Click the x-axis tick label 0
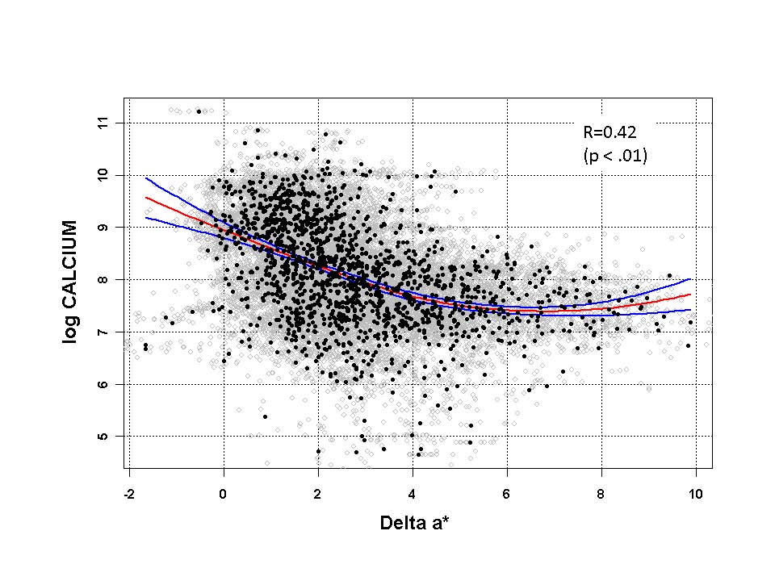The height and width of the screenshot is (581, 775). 224,494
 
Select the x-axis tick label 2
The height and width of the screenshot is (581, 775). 318,494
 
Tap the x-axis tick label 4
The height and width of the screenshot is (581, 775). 413,494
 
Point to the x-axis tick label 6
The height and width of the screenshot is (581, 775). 507,494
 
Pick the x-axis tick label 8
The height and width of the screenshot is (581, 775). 601,494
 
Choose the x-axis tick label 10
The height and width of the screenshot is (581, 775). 696,494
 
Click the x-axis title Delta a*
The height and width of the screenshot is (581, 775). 414,524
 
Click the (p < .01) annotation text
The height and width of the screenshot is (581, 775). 615,156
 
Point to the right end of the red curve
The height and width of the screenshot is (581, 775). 690,295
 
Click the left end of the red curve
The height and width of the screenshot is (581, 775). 146,197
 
